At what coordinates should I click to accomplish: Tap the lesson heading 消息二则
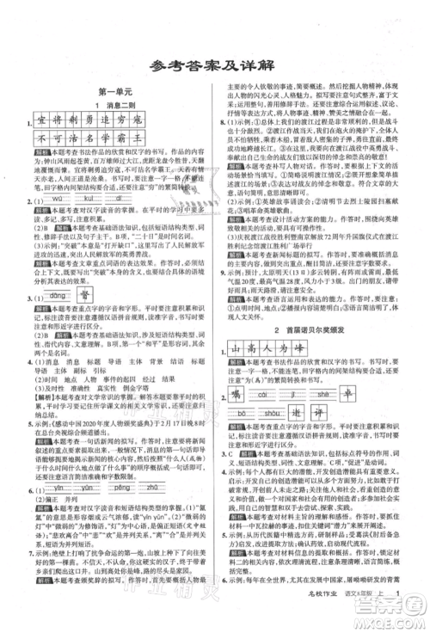click(x=116, y=103)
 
